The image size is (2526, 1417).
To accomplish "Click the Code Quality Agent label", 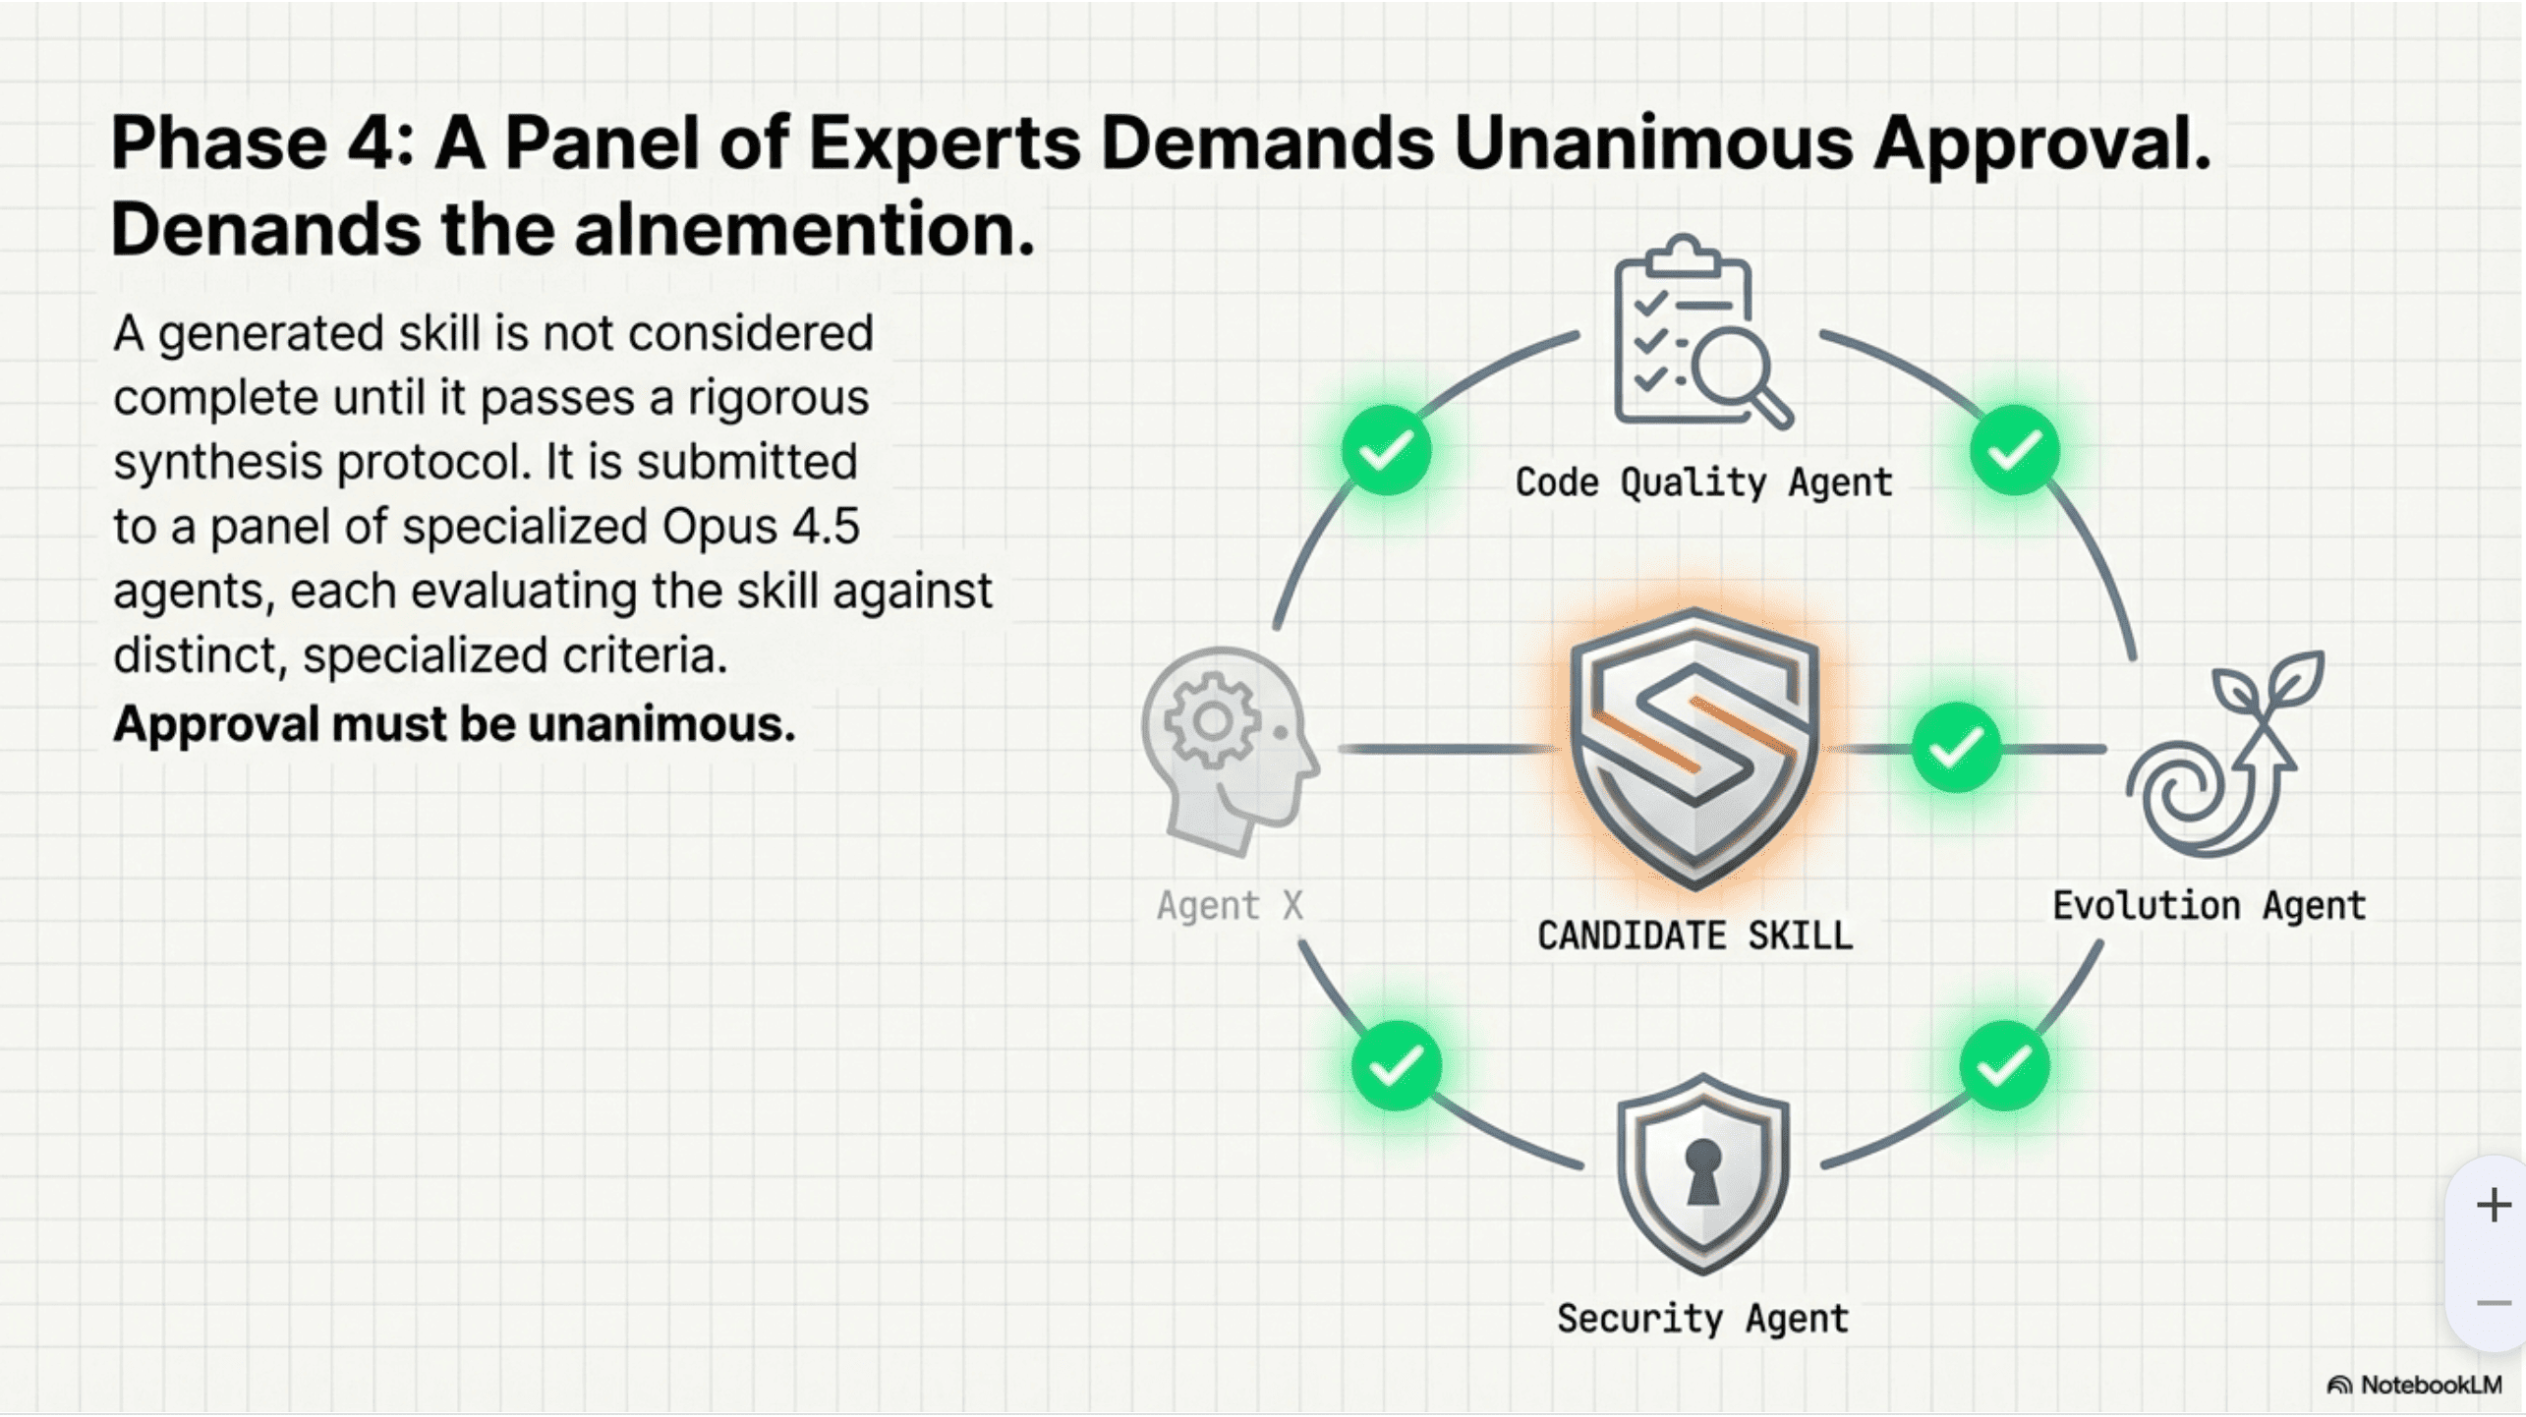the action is [x=1703, y=482].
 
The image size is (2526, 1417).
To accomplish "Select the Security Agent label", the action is [x=1702, y=1318].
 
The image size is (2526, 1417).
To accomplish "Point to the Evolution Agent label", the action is [x=2209, y=905].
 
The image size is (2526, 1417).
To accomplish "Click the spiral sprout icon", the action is [x=2224, y=753].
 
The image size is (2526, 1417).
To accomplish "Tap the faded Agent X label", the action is [x=1230, y=905].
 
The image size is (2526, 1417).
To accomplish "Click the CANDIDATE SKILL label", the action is [x=1694, y=935].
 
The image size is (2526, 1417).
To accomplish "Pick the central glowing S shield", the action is [x=1694, y=749].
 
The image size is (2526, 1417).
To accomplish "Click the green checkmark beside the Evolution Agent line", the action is [x=1956, y=749].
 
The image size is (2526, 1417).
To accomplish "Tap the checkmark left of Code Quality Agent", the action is [x=1386, y=451].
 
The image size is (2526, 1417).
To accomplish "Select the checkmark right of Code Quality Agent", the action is [x=2014, y=451].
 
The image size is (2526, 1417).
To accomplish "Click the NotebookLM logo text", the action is [x=2431, y=1385].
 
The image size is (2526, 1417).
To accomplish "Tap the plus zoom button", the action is [x=2494, y=1205].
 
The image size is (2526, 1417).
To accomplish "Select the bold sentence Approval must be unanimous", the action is [x=454, y=724].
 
